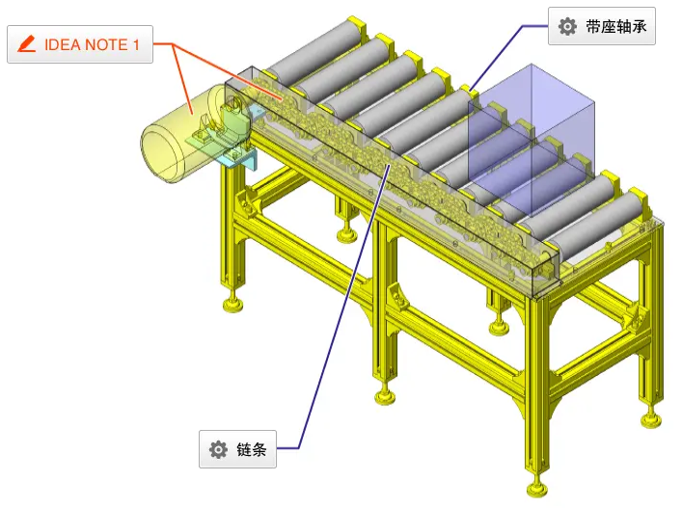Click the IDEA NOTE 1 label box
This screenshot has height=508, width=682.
[x=80, y=44]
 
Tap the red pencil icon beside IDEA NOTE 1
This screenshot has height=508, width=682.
[x=27, y=44]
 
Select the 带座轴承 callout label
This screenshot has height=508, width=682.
[x=602, y=26]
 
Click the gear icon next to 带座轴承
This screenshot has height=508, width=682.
[x=567, y=26]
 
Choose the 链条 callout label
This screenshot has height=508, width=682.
[x=237, y=449]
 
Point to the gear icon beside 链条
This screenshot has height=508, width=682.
[x=218, y=449]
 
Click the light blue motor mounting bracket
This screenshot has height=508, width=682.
[x=238, y=159]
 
